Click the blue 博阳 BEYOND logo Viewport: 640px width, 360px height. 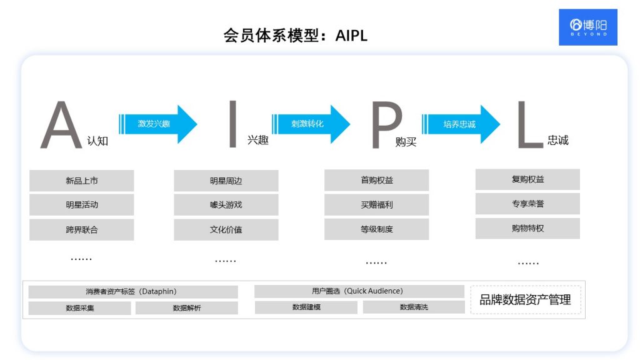587,27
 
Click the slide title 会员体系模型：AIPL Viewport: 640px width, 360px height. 295,35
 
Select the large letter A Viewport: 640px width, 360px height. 61,127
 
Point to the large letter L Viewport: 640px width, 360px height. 529,127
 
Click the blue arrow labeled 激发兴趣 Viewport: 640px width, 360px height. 157,124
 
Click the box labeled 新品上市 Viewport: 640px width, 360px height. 81,181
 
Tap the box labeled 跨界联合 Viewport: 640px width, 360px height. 81,229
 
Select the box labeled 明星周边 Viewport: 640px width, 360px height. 226,181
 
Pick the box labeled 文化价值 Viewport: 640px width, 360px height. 226,229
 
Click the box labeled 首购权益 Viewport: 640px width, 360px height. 376,180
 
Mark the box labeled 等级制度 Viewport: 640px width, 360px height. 376,229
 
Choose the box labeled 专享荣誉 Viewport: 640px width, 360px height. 527,204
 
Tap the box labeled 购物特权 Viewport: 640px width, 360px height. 527,228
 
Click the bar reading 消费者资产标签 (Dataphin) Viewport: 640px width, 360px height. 133,292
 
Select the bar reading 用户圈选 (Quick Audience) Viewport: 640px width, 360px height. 359,291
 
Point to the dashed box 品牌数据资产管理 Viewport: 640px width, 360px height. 525,300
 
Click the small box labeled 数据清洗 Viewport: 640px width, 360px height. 414,307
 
